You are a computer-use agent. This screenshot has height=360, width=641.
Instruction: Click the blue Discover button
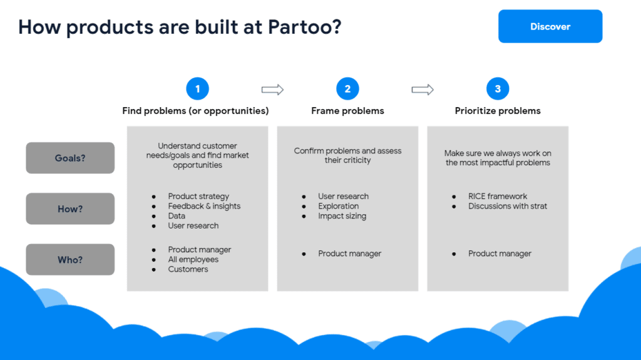[550, 26]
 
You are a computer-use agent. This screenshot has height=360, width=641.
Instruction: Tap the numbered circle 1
[197, 89]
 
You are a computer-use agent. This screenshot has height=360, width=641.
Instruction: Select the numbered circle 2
[347, 89]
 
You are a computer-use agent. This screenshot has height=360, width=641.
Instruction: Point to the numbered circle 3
[498, 89]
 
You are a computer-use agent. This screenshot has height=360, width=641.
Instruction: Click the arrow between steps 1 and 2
[273, 89]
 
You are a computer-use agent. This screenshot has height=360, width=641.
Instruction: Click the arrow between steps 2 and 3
[423, 89]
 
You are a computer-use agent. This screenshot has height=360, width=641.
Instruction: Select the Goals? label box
[70, 158]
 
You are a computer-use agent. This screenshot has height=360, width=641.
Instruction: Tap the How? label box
[70, 208]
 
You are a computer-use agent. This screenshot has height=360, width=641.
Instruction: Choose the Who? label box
[70, 259]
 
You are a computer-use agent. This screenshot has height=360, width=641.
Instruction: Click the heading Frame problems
[347, 111]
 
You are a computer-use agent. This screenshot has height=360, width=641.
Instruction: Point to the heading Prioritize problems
[498, 111]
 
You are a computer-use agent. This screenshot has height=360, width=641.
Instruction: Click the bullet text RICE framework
[498, 197]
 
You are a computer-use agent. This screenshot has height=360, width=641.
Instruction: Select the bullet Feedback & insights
[204, 206]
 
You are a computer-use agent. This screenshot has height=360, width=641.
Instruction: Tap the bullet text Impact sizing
[342, 216]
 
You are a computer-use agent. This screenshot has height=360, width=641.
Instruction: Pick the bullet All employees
[193, 259]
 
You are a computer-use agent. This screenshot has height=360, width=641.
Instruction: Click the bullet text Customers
[188, 269]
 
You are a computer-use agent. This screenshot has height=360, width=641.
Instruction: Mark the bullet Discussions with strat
[507, 206]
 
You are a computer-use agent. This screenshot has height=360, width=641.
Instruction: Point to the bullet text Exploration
[339, 206]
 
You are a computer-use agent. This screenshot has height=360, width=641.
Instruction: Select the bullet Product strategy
[198, 197]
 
